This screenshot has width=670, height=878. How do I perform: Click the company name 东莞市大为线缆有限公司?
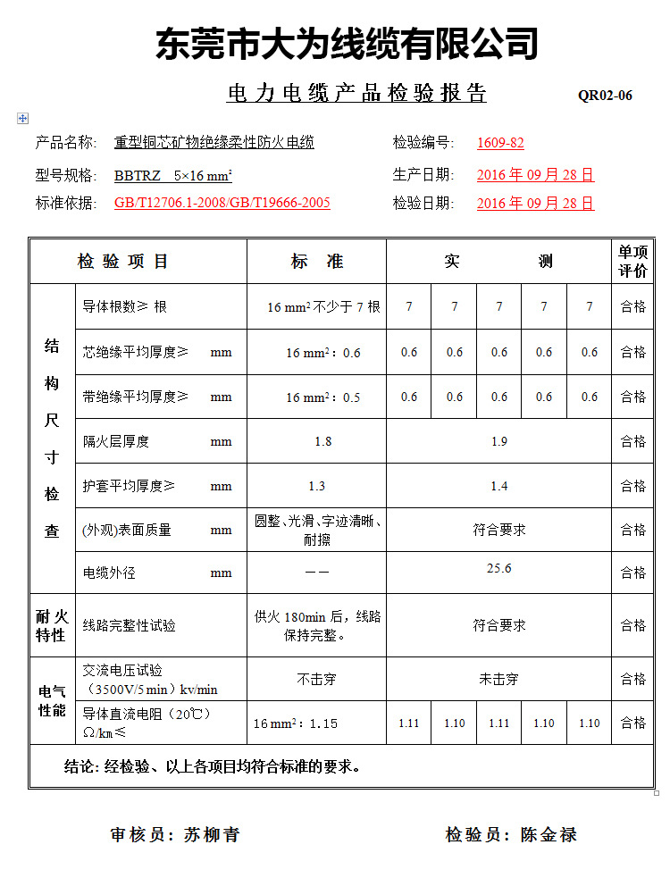pyautogui.click(x=348, y=44)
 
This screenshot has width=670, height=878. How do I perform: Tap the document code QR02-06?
pyautogui.click(x=605, y=96)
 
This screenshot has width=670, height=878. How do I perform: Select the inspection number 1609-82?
pyautogui.click(x=500, y=143)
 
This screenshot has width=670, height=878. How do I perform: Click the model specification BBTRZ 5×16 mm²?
pyautogui.click(x=173, y=175)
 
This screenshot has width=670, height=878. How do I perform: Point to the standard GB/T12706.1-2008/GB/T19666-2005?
pyautogui.click(x=222, y=203)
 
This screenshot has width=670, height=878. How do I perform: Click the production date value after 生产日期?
pyautogui.click(x=535, y=175)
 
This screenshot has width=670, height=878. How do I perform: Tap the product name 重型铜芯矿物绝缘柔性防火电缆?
pyautogui.click(x=214, y=142)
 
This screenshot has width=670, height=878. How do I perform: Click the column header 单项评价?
pyautogui.click(x=632, y=262)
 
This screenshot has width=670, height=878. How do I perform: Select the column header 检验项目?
pyautogui.click(x=123, y=262)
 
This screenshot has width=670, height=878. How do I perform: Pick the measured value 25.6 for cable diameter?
pyautogui.click(x=498, y=569)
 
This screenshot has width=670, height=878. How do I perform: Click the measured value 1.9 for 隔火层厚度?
pyautogui.click(x=498, y=441)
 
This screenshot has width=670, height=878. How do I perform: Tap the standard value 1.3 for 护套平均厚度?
pyautogui.click(x=316, y=486)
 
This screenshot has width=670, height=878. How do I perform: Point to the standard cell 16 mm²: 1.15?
pyautogui.click(x=296, y=723)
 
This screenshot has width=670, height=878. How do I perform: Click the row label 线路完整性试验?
pyautogui.click(x=130, y=625)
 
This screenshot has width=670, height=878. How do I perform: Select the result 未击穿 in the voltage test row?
pyautogui.click(x=498, y=679)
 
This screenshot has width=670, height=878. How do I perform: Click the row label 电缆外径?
pyautogui.click(x=109, y=573)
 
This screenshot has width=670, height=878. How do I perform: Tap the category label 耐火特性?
pyautogui.click(x=52, y=625)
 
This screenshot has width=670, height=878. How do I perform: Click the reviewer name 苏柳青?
pyautogui.click(x=212, y=835)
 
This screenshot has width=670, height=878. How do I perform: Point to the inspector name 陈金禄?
pyautogui.click(x=549, y=835)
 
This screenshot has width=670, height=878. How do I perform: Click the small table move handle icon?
pyautogui.click(x=22, y=118)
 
